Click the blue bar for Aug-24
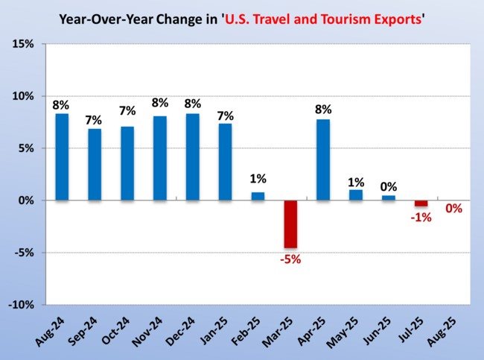pyautogui.click(x=62, y=157)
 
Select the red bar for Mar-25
pyautogui.click(x=290, y=224)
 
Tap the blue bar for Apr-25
pyautogui.click(x=323, y=160)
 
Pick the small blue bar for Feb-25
pyautogui.click(x=258, y=196)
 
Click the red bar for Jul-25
pyautogui.click(x=421, y=203)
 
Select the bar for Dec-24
pyautogui.click(x=192, y=157)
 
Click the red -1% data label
pyautogui.click(x=421, y=217)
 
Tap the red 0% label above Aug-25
pyautogui.click(x=453, y=209)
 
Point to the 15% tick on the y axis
pyautogui.click(x=23, y=45)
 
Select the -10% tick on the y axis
pyautogui.click(x=22, y=305)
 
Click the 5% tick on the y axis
pyautogui.click(x=25, y=148)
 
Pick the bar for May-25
pyautogui.click(x=356, y=195)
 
